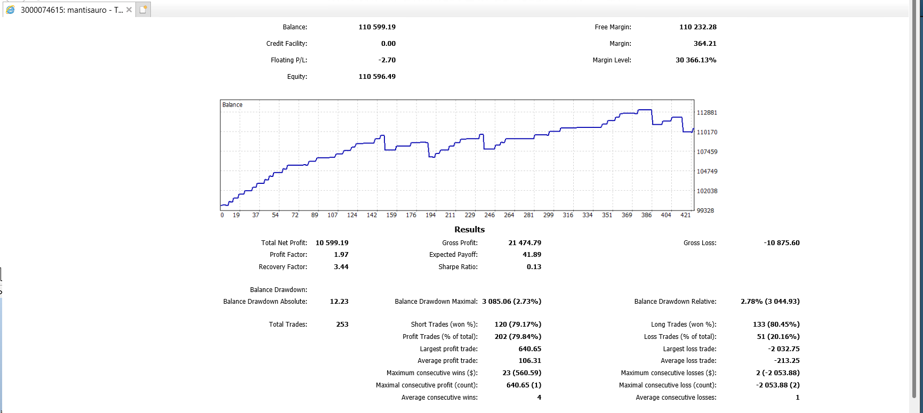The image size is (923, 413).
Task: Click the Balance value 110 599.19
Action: tap(377, 27)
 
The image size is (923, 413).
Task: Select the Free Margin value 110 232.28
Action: tap(698, 27)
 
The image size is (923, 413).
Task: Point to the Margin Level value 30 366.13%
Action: tap(696, 60)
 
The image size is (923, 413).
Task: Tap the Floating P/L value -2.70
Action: tap(387, 60)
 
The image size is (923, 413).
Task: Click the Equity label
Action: tap(297, 77)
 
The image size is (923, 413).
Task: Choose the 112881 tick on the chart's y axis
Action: tap(707, 113)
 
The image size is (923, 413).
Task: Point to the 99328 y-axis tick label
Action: tap(705, 211)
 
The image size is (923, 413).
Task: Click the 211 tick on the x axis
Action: tap(450, 215)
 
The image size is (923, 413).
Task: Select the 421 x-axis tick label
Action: tap(686, 215)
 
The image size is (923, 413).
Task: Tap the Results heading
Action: tap(470, 230)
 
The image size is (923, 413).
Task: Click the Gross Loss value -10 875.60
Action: tap(782, 243)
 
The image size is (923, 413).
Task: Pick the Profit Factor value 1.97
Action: tap(341, 255)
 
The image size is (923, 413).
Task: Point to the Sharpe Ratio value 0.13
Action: tap(534, 267)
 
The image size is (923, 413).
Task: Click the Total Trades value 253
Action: tap(342, 325)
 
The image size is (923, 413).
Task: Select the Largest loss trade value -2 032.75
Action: tap(784, 349)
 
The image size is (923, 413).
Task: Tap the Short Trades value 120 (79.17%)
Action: tap(518, 325)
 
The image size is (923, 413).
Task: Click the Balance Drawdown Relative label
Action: tap(676, 302)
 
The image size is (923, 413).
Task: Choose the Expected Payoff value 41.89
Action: tap(532, 255)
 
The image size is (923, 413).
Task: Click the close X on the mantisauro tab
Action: tap(129, 10)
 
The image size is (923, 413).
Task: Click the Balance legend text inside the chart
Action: tap(232, 105)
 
